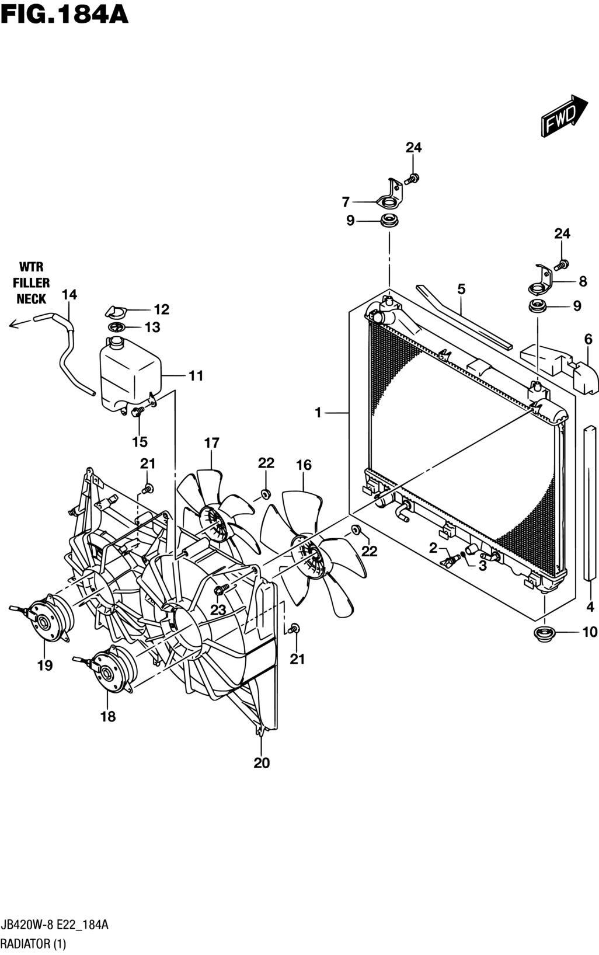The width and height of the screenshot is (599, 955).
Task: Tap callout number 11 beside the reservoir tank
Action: pyautogui.click(x=196, y=375)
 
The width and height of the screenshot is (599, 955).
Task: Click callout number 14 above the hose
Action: pyautogui.click(x=69, y=295)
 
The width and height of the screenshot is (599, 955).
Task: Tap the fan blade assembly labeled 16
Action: pyautogui.click(x=314, y=552)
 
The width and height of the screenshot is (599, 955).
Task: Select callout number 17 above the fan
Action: pyautogui.click(x=211, y=443)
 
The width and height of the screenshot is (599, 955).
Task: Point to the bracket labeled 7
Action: pyautogui.click(x=390, y=196)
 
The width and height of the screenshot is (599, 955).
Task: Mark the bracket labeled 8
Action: pyautogui.click(x=540, y=280)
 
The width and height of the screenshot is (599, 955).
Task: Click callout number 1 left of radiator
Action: pyautogui.click(x=318, y=413)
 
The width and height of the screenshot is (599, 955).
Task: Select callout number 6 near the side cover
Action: pyautogui.click(x=588, y=339)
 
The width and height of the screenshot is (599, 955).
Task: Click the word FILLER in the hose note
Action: pyautogui.click(x=31, y=283)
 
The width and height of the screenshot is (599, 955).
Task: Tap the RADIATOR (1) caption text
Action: pyautogui.click(x=34, y=944)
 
